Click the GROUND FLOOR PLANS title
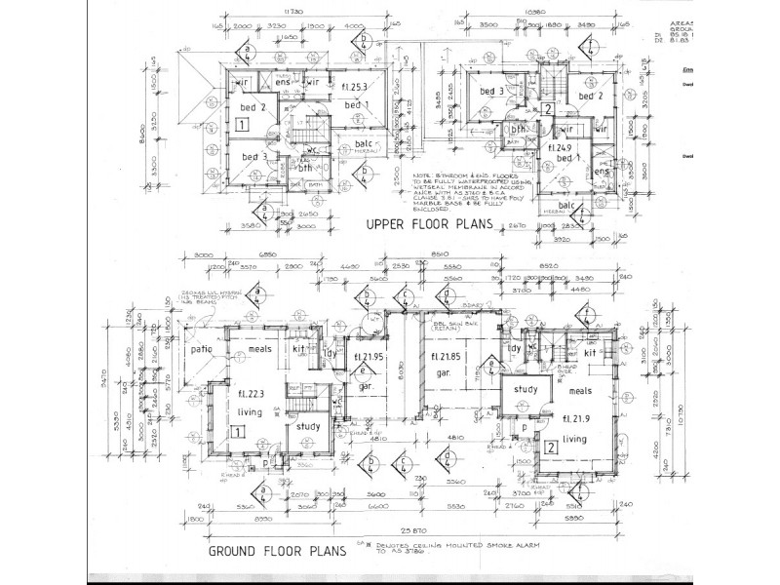276,552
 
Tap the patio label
202,348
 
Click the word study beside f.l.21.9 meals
526,391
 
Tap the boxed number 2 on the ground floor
551,448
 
